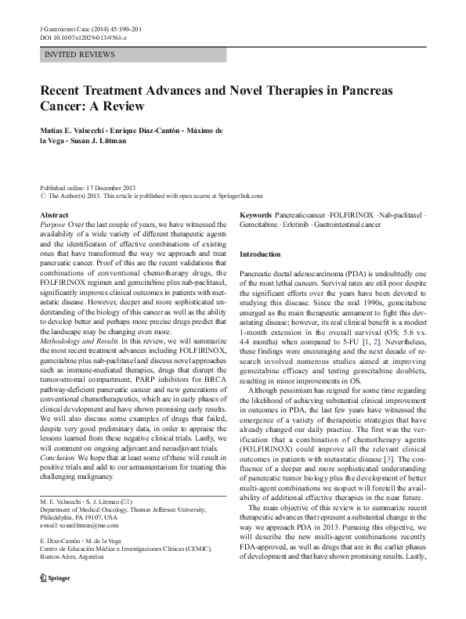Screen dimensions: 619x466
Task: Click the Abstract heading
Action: (x=54, y=214)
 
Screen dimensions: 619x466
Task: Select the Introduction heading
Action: (x=259, y=254)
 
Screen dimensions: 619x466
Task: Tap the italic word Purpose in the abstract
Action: (x=52, y=224)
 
